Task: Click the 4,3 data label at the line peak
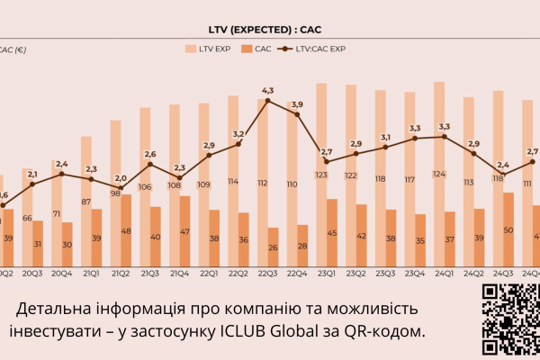click(x=267, y=90)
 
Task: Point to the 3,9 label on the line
click(x=297, y=105)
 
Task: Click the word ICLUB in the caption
click(x=246, y=331)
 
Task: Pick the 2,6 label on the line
click(x=150, y=154)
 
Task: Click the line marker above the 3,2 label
click(x=238, y=145)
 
